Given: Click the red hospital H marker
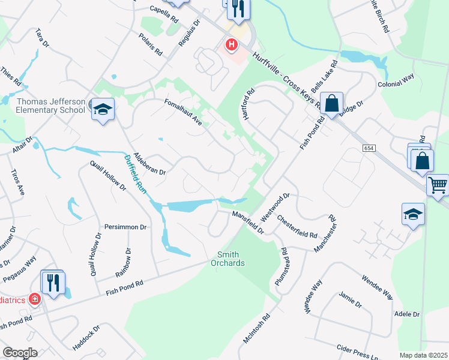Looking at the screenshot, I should tap(231, 44).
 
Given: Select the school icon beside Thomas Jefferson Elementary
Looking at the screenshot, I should tap(103, 109).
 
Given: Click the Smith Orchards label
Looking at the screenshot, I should tap(228, 259).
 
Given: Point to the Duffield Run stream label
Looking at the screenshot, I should tap(136, 173).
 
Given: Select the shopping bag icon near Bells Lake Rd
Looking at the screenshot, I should tap(331, 103).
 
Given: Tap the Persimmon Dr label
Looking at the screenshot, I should tap(125, 227).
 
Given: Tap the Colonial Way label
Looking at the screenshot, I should tap(396, 81).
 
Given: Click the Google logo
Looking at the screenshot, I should tap(20, 353).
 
